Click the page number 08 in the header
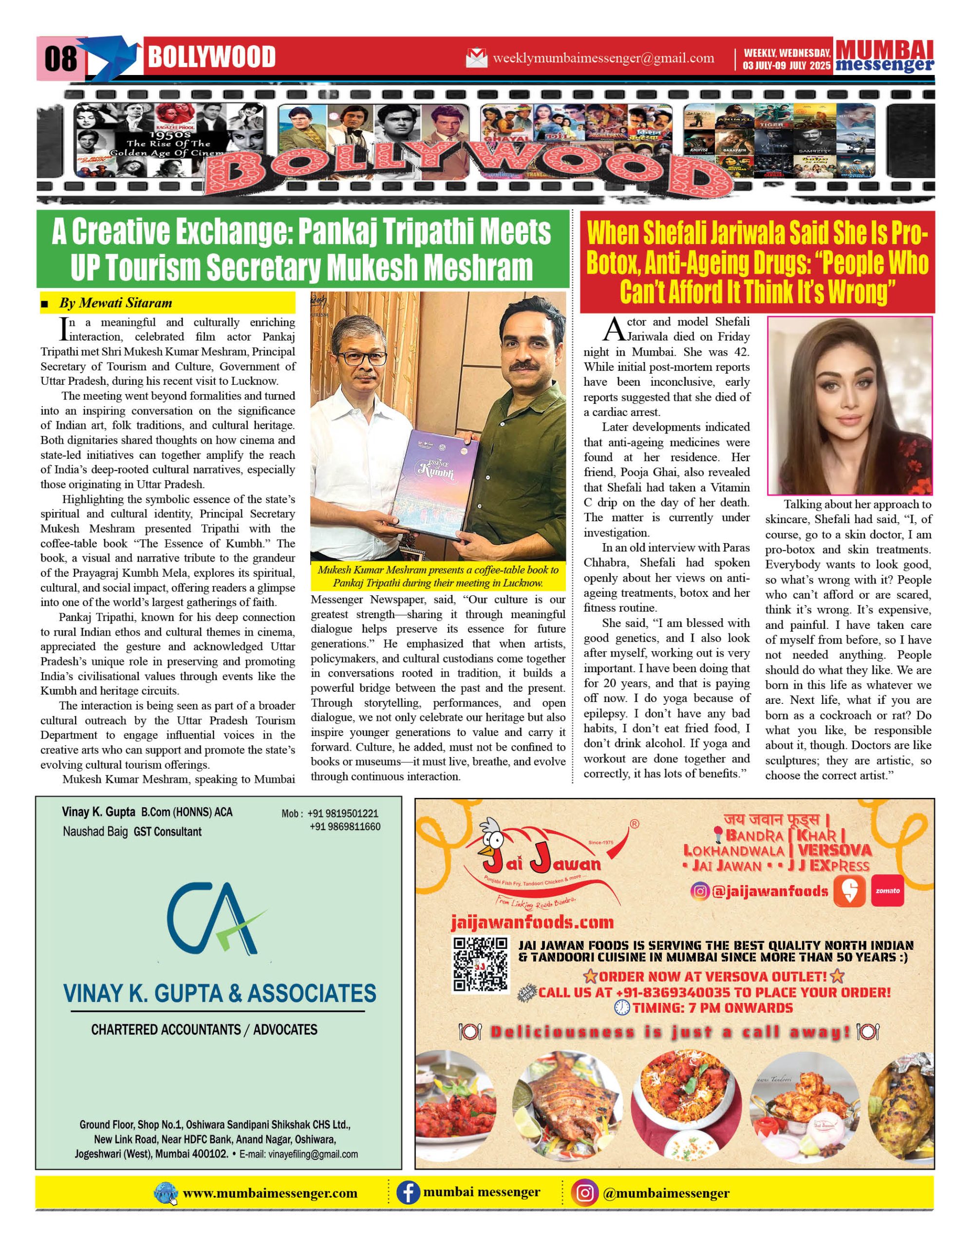60,58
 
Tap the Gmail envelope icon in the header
477,58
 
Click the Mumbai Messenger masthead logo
884,57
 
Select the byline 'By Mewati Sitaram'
115,303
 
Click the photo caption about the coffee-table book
438,576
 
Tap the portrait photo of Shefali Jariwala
849,405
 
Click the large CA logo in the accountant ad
216,919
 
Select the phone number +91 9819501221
342,813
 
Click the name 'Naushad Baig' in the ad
95,832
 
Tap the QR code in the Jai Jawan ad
480,964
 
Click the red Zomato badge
888,891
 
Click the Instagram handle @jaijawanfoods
769,891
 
